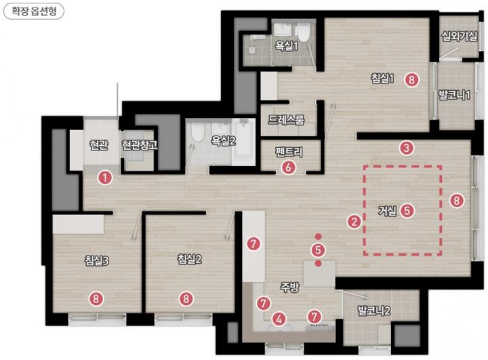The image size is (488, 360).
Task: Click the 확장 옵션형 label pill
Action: [x=34, y=12]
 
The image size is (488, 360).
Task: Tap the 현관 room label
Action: [x=98, y=145]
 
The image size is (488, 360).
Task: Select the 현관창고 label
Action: [x=140, y=145]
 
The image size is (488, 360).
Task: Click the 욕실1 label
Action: [x=286, y=46]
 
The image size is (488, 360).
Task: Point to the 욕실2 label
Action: [x=223, y=141]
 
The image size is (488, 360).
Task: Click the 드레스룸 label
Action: [x=286, y=119]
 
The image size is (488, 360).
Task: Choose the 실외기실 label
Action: [x=460, y=36]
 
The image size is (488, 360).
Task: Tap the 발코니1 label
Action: [x=454, y=95]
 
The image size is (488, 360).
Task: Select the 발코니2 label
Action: [x=373, y=311]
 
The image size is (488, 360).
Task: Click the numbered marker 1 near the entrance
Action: [x=105, y=178]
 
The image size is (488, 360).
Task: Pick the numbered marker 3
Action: [x=407, y=148]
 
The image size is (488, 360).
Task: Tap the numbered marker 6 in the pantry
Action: [x=289, y=167]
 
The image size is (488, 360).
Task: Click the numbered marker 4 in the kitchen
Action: [x=279, y=319]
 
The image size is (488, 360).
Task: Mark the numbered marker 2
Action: [x=354, y=222]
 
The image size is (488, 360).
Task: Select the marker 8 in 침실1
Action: [x=412, y=80]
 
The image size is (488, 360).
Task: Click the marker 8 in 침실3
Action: [x=96, y=299]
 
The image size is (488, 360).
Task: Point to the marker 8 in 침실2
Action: [x=186, y=299]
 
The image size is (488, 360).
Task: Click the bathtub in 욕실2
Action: [x=244, y=142]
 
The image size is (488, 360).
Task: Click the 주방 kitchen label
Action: [x=290, y=287]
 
